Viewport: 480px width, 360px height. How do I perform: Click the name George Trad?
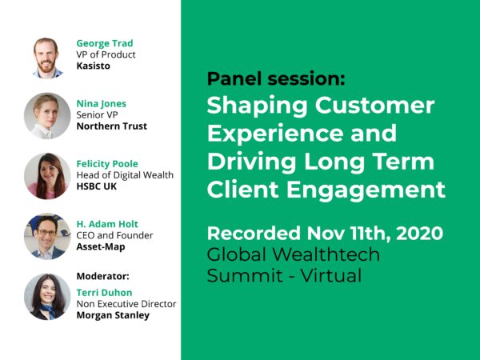(106, 43)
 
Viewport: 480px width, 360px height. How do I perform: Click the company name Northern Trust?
(111, 126)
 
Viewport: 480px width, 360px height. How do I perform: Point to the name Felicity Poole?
(109, 164)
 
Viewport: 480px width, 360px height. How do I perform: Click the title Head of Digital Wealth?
(124, 175)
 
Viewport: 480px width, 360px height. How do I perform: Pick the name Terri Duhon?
(105, 293)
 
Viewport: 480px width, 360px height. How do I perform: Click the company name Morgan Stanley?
(113, 315)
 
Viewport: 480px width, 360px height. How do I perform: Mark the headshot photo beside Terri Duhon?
(47, 297)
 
